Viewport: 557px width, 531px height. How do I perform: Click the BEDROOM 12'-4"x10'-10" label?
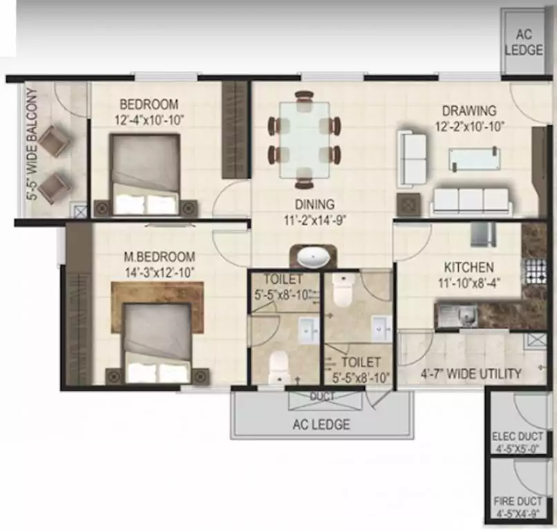[x=149, y=112]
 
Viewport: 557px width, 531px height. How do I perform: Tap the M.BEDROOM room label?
[x=159, y=263]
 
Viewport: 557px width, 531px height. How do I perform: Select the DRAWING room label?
[x=469, y=118]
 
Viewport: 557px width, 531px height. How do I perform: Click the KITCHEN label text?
[x=469, y=274]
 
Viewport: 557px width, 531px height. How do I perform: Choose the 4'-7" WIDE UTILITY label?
[x=471, y=374]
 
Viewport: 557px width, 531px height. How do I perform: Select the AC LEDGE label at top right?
[x=523, y=42]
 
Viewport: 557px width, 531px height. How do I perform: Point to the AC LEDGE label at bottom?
[x=321, y=424]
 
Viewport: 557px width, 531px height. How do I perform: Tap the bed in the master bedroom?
[x=156, y=342]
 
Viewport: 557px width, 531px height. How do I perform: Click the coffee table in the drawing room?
[x=474, y=159]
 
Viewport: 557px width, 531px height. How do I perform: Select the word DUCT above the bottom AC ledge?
[x=322, y=396]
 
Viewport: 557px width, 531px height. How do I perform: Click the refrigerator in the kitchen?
[x=483, y=234]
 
